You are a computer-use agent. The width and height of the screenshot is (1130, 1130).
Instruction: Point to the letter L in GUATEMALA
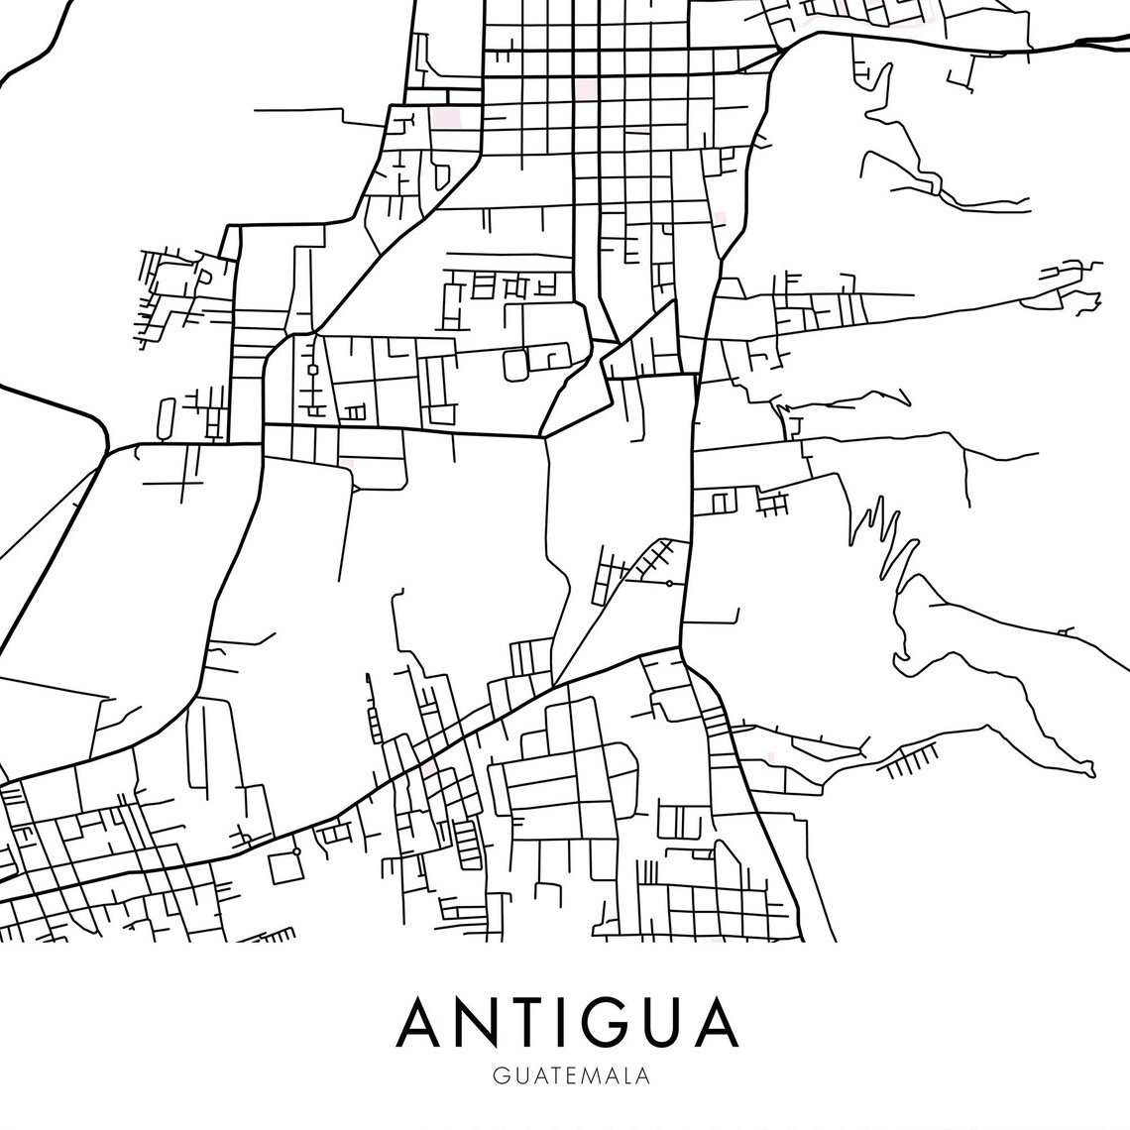pos(622,1075)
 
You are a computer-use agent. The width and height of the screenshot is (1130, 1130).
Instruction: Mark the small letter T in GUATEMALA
pos(541,1075)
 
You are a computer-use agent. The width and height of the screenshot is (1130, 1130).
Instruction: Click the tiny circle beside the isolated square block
pos(295,851)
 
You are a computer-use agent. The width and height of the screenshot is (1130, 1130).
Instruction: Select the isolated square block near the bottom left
pos(285,868)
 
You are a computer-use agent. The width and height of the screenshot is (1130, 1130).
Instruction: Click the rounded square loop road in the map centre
pos(516,364)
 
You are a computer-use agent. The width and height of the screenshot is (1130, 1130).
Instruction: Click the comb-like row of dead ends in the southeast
pos(909,762)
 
